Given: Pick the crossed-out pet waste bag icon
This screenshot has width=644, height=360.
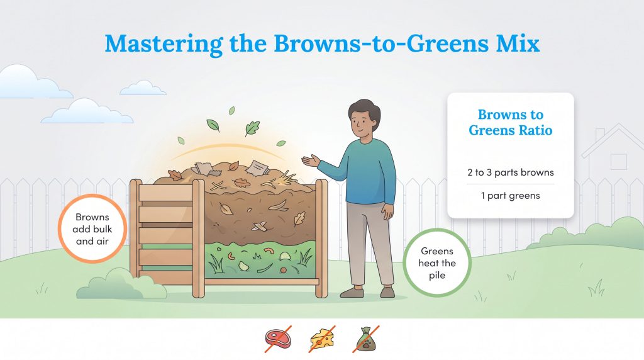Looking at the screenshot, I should coord(367,339).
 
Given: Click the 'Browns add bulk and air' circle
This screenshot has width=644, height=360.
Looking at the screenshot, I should coord(92,227).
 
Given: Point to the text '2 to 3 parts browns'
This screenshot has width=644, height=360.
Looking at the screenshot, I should coord(510,172).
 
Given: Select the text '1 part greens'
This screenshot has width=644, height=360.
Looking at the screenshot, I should coord(510,195).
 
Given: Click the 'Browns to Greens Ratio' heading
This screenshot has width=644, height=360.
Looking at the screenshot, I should coord(510,123).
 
